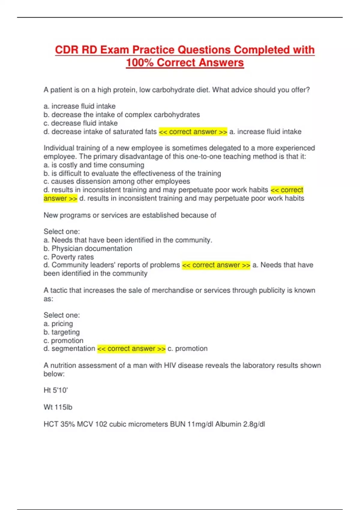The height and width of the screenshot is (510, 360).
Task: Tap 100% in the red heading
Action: coord(140,63)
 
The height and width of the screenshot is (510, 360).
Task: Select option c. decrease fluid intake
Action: coord(80,123)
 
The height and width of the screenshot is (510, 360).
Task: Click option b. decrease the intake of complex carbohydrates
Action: coord(121,115)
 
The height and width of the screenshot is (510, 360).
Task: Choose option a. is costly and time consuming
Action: coord(94,165)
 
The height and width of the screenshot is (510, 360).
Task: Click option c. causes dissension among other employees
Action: coord(117,181)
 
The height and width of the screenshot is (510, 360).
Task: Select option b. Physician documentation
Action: coord(88,248)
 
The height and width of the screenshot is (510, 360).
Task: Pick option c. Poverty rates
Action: coord(68,257)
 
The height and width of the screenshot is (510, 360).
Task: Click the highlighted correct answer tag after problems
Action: coord(216,265)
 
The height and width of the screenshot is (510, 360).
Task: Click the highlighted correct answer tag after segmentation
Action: coord(131,349)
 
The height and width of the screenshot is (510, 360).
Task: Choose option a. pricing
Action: coord(58,324)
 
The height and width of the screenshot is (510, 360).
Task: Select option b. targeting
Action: coord(61,332)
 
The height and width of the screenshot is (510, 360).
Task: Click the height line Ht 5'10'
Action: coord(56,390)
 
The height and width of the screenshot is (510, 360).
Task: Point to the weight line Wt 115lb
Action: coord(58,407)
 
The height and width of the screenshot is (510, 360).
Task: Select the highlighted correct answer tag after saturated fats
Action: coord(193,132)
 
